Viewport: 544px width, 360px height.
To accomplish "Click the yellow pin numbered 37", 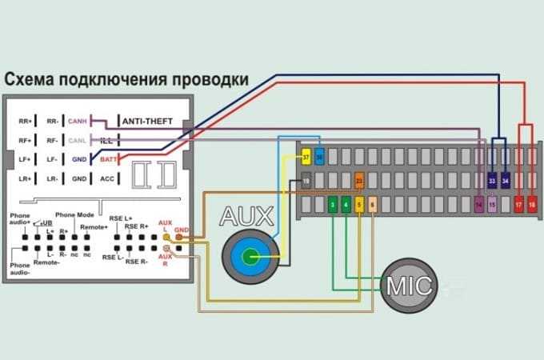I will (306, 157).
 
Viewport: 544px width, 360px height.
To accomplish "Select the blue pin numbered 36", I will (319, 157).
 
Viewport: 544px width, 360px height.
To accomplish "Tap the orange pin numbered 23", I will (360, 182).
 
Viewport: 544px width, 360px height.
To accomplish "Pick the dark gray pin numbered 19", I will (306, 182).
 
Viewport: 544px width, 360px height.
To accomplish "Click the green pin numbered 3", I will (332, 206).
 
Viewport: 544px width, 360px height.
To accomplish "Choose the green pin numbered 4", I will (346, 206).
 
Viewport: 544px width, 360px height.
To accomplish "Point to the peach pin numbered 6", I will (372, 206).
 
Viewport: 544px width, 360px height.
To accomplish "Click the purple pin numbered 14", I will (479, 206).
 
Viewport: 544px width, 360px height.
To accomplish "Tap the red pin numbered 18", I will (531, 206).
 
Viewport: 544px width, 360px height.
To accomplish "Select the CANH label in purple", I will (78, 121).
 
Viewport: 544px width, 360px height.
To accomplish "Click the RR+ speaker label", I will (25, 121).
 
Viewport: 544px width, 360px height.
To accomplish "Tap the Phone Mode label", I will (74, 215).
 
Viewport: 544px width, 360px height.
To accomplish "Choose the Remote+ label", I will (94, 227).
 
